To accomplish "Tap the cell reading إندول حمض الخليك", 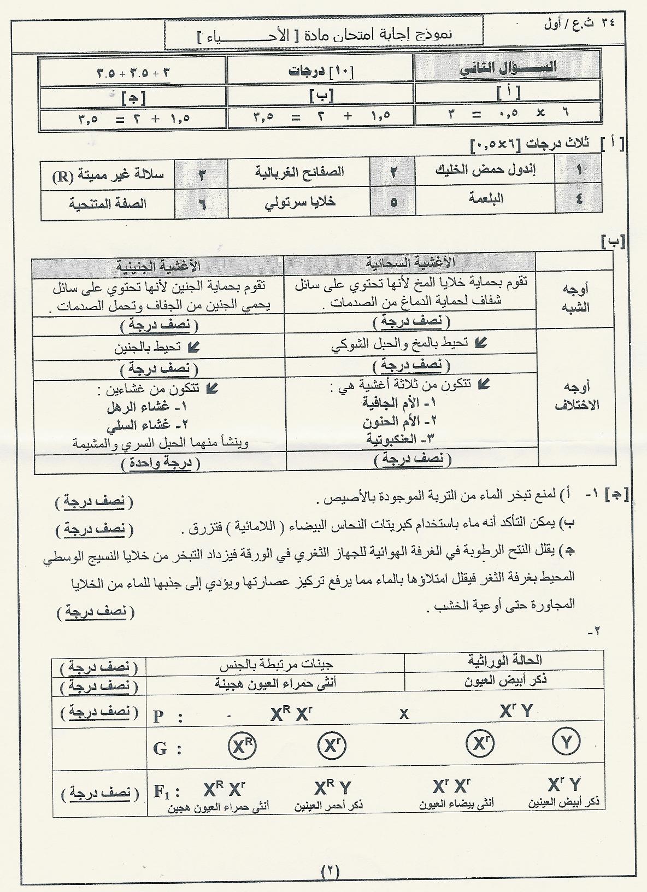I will (485, 169).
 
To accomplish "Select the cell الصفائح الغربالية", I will (299, 171).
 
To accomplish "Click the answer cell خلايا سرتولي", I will (300, 202).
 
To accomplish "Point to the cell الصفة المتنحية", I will (108, 204).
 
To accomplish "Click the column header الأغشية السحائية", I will (410, 263).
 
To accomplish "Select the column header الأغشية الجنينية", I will (158, 266).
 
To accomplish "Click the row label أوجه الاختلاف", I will (577, 396).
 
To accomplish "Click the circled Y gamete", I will (567, 742).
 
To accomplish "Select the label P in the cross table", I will (158, 716).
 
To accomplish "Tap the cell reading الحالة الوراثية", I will (504, 660).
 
